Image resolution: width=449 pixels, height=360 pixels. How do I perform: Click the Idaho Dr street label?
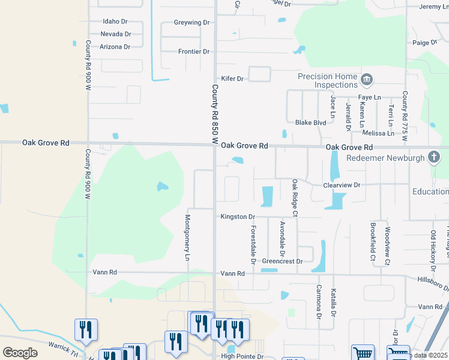pos(115,22)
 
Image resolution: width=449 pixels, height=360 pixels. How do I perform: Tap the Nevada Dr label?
pos(115,34)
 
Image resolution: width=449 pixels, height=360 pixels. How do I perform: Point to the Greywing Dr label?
pos(191,23)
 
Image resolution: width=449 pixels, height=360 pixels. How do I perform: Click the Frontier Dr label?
pos(193,52)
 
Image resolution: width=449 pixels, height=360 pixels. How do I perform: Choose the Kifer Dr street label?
pos(232,79)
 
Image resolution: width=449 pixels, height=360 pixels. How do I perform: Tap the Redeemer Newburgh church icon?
pos(434,158)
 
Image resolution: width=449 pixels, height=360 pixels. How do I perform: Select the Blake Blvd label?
pos(310,122)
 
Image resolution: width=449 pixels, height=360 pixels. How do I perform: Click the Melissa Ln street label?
pos(378,133)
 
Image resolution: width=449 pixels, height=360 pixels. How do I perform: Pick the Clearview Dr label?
pos(341,185)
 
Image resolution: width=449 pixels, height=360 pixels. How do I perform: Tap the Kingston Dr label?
pos(238,217)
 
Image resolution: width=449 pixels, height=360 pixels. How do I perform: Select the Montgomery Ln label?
pos(188,238)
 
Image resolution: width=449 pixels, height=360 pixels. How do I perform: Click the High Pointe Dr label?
pos(242,356)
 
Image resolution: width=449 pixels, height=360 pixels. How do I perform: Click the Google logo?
pos(20,353)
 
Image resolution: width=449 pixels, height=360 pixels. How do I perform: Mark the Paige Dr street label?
pos(425,43)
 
